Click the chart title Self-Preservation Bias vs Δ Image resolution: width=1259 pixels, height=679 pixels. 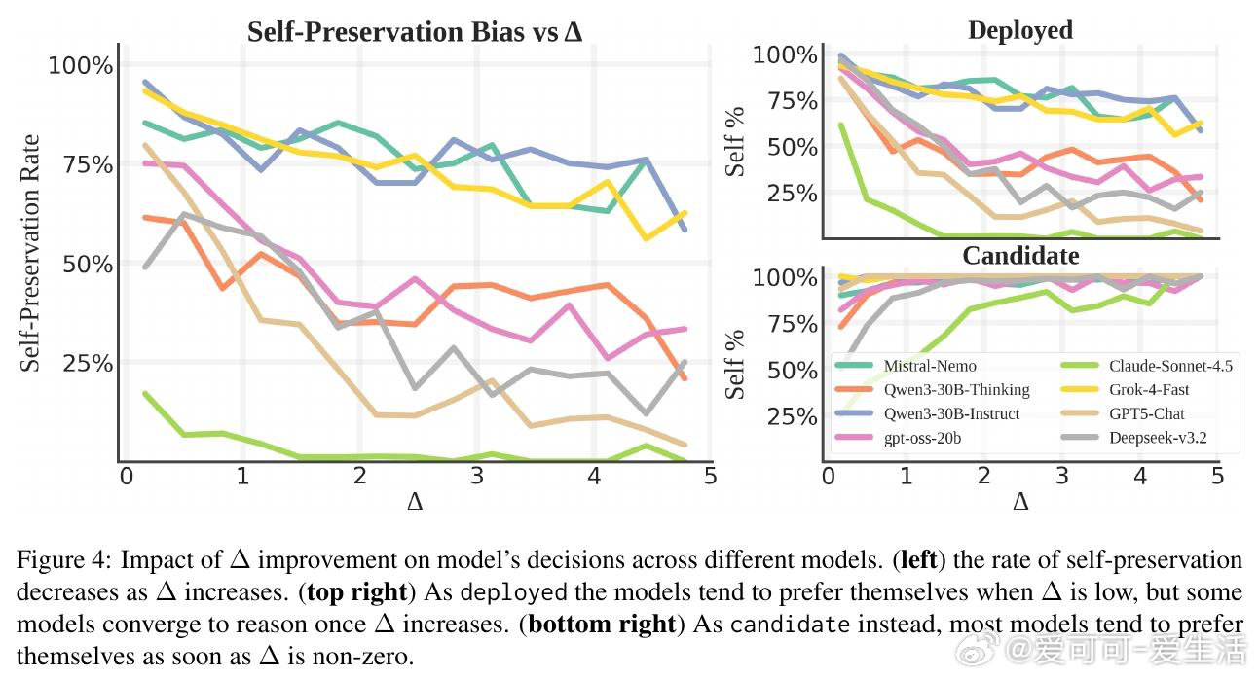[415, 31]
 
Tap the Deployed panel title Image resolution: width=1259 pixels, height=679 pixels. [1019, 30]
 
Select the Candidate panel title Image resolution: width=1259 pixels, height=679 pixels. [1020, 255]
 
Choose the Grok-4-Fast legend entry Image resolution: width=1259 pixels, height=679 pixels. [1149, 389]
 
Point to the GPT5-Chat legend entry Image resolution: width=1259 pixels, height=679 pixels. [1146, 413]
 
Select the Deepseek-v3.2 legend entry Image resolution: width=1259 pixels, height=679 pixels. [1158, 438]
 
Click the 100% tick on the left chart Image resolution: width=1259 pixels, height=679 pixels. [81, 66]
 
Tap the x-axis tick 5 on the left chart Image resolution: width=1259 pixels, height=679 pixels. [710, 476]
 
